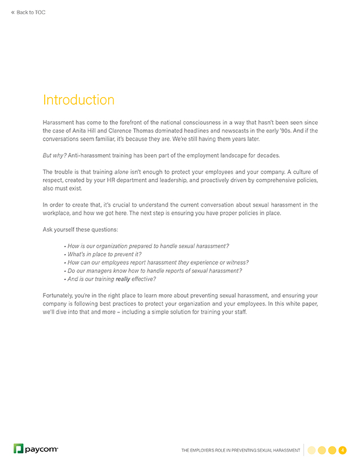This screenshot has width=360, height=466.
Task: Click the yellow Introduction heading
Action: click(79, 99)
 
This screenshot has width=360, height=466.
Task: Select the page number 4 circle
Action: click(342, 450)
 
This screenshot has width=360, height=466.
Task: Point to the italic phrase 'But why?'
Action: click(55, 155)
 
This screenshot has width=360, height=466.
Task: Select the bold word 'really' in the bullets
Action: click(122, 279)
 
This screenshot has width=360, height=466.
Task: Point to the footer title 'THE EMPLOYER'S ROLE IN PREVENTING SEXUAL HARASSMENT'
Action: click(241, 451)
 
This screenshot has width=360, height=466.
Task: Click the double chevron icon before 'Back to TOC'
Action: click(14, 12)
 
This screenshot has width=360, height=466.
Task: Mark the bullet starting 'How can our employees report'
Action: click(158, 262)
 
